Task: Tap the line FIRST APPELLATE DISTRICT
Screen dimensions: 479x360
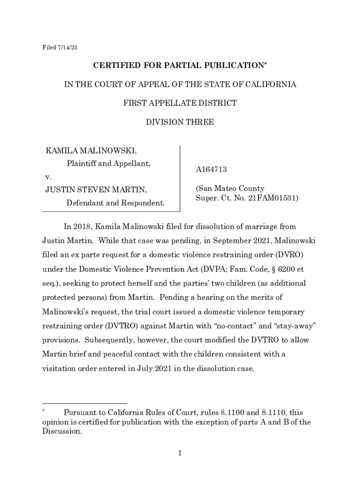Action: [x=180, y=103]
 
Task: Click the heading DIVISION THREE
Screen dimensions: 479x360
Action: [x=180, y=122]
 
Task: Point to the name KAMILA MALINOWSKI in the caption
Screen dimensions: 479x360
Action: [x=91, y=151]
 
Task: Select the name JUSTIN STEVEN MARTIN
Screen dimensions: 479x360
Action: [x=96, y=189]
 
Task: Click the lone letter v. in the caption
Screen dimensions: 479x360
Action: [x=48, y=177]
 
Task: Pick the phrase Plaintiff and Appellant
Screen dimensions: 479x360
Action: [x=108, y=164]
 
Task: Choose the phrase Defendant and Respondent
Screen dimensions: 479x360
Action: [x=115, y=203]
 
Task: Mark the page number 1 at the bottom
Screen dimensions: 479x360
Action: [x=180, y=453]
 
